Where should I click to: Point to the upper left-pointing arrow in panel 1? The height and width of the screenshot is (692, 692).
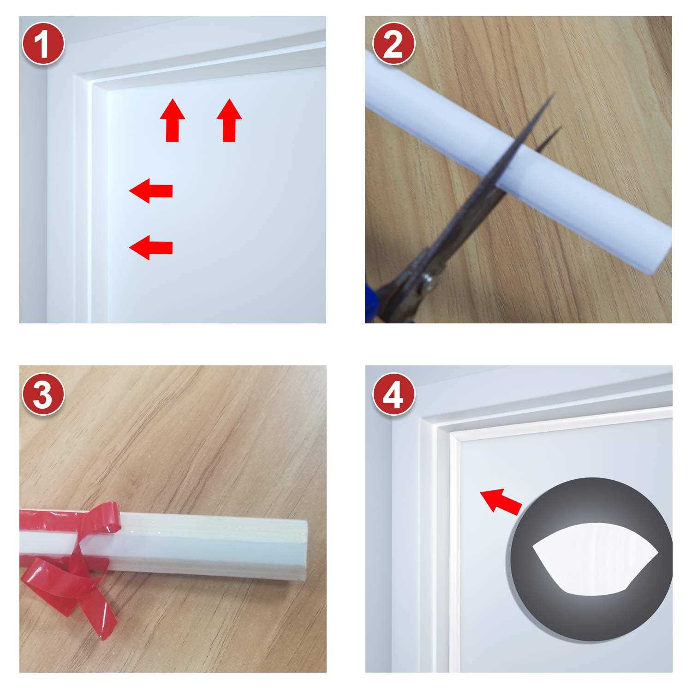(x=151, y=191)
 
